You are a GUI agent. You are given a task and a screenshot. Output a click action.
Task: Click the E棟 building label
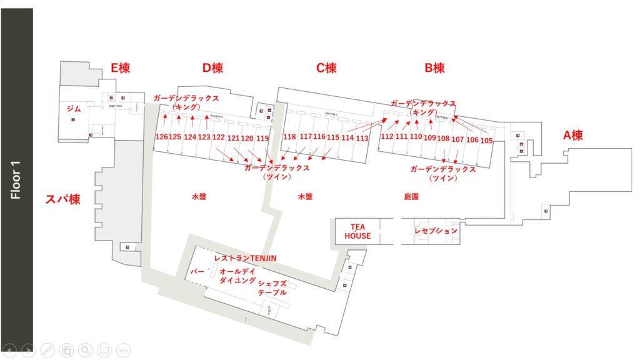point(120,68)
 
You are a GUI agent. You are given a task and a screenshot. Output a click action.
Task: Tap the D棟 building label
point(212,68)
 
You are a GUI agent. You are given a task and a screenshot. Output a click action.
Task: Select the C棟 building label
point(326,68)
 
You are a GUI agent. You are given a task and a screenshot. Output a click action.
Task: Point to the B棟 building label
point(434,68)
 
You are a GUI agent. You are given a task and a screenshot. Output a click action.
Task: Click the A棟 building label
point(573,135)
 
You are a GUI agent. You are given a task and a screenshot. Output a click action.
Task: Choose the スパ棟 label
point(62,199)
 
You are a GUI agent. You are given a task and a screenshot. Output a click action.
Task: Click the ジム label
point(74,108)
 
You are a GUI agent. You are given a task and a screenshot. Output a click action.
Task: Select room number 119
point(263,138)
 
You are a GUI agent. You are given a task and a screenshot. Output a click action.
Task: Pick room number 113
point(362,138)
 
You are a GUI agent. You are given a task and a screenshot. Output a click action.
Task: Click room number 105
point(486,141)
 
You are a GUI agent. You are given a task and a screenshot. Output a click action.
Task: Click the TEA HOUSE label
point(357,231)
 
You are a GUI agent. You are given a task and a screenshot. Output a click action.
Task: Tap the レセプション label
point(436,231)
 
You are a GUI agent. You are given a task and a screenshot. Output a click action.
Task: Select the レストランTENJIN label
point(245,258)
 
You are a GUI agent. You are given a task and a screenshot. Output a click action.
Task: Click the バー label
point(197,272)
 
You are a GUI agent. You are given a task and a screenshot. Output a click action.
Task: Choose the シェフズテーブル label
point(272,287)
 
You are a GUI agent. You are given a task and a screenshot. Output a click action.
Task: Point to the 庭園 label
point(411,196)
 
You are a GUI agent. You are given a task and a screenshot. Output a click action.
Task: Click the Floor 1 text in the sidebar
point(16,180)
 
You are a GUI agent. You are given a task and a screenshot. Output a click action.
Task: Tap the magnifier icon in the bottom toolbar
point(85,350)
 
